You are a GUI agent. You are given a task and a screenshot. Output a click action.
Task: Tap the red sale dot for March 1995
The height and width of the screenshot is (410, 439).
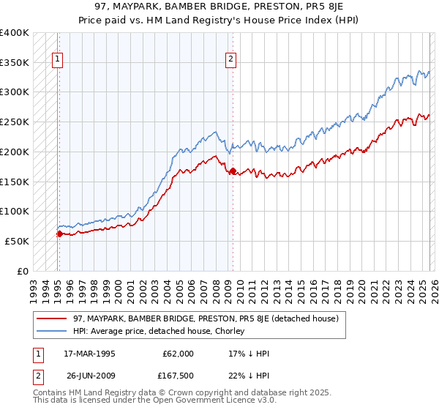[59, 234]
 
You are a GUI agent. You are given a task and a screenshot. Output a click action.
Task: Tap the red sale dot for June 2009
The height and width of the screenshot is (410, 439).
[233, 171]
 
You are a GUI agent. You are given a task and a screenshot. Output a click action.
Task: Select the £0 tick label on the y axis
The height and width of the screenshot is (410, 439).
[23, 271]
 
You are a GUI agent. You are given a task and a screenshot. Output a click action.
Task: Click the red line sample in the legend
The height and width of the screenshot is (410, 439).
[52, 319]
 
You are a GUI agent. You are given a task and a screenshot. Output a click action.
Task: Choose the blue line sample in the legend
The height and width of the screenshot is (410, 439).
[52, 332]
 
